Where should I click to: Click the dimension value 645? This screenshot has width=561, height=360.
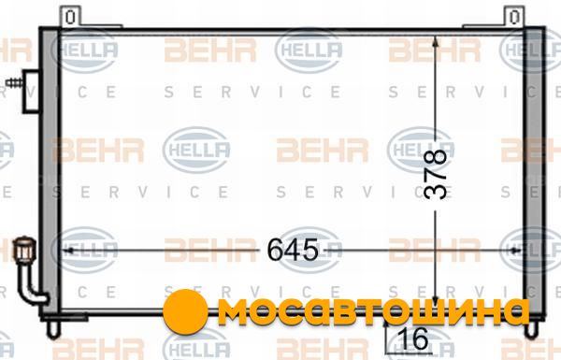click(x=293, y=250)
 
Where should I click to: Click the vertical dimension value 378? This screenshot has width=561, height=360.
click(x=436, y=174)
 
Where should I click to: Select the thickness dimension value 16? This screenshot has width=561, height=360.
click(x=412, y=338)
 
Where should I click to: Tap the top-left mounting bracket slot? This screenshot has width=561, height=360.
click(x=70, y=17)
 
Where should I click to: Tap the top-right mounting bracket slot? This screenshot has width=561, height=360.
click(x=514, y=17)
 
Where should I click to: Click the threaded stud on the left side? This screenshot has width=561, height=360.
click(x=14, y=83)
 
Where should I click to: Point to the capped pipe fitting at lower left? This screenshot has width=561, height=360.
click(x=24, y=248)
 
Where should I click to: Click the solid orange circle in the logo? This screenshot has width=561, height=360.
click(x=185, y=311)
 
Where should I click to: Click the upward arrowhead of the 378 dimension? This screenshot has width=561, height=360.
click(x=436, y=41)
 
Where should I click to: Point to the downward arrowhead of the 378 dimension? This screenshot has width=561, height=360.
click(x=436, y=300)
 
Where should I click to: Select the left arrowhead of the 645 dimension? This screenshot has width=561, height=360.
click(x=68, y=251)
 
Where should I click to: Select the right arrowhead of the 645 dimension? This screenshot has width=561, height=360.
click(x=515, y=251)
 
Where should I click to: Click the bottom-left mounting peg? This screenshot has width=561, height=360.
click(x=53, y=329)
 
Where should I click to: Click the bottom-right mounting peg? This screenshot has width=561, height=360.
click(x=531, y=329)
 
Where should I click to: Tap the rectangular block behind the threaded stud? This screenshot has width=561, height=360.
click(x=31, y=92)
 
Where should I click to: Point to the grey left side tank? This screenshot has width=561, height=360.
click(x=50, y=172)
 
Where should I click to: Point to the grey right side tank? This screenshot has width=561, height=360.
click(x=534, y=172)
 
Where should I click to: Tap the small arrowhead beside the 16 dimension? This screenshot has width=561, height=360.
click(x=386, y=324)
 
